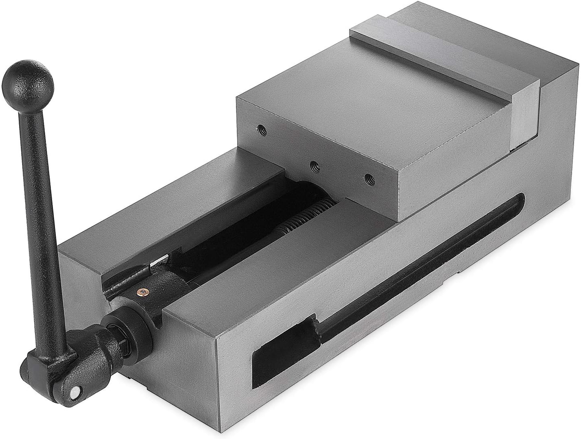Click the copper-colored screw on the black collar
(x=142, y=291)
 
